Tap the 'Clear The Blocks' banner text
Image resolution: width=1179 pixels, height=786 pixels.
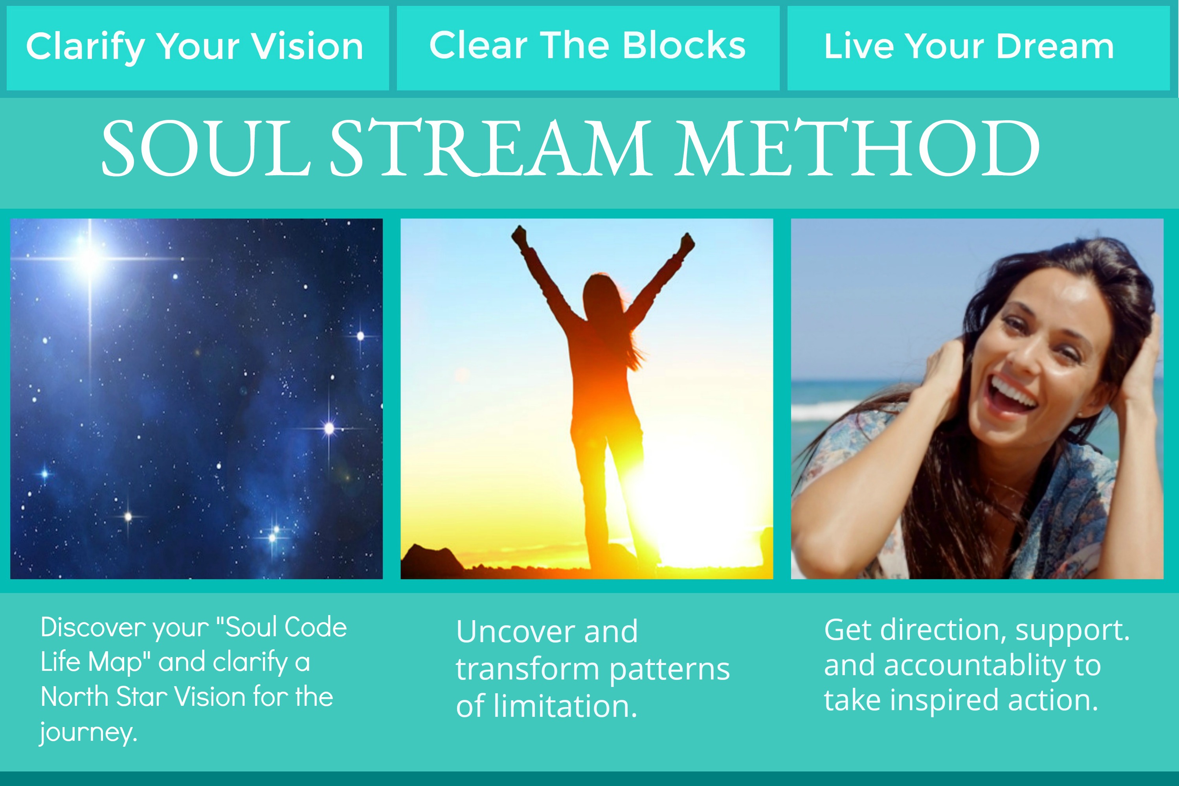tap(588, 45)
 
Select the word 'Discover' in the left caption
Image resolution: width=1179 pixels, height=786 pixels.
tap(93, 628)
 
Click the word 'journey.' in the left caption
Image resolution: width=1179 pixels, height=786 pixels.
tap(88, 733)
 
